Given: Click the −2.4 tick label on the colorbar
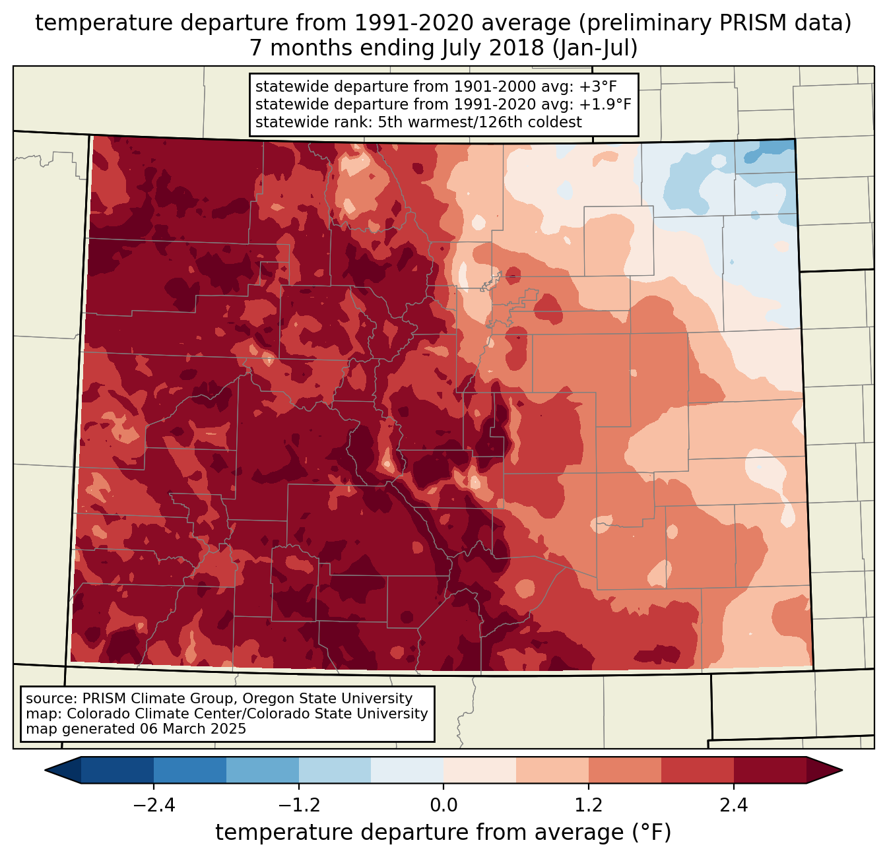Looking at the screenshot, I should click(x=153, y=806).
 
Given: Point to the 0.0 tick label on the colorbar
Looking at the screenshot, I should click(x=443, y=806).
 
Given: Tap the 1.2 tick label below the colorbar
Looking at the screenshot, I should click(x=589, y=806).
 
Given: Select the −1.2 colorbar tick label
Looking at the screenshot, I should click(x=298, y=806).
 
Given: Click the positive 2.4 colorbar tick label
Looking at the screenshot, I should click(x=734, y=806).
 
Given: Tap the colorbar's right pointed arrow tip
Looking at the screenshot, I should click(x=840, y=770).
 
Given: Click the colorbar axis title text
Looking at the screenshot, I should click(x=443, y=833).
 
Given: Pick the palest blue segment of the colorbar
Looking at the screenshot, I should click(x=407, y=770).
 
